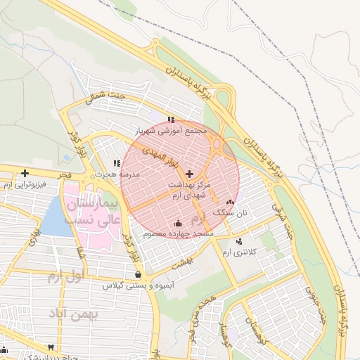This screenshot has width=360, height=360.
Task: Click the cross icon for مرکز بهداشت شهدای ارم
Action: (x=190, y=173)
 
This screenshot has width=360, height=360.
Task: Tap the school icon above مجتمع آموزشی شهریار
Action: (x=171, y=120)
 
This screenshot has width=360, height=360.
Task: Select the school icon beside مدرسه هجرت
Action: (x=117, y=164)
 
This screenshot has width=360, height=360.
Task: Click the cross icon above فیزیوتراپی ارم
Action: (x=25, y=173)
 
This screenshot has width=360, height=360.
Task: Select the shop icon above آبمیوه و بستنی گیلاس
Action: (x=137, y=274)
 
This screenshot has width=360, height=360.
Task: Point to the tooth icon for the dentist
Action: (x=51, y=347)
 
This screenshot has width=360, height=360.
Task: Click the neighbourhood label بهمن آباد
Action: (x=74, y=314)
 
